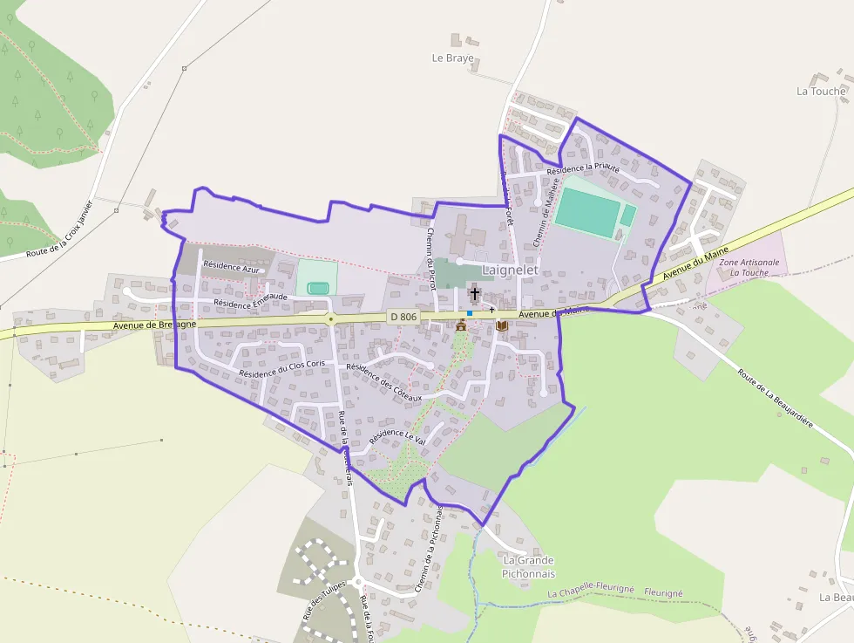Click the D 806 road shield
[x=404, y=317]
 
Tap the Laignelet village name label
[x=510, y=270]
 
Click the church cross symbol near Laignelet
[x=475, y=293]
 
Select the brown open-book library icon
[x=502, y=325]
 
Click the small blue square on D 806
[x=470, y=313]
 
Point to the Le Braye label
[x=453, y=58]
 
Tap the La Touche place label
[x=821, y=91]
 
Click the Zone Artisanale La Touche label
[x=744, y=267]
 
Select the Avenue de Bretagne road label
[x=154, y=325]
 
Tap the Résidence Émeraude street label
[x=250, y=301]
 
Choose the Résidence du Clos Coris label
[x=281, y=368]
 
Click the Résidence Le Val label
[x=396, y=435]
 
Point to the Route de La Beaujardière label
[x=775, y=397]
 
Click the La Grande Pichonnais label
[x=528, y=567]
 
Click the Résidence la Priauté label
[x=583, y=168]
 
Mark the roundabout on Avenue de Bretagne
[x=330, y=320]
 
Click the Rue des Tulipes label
[x=324, y=599]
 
